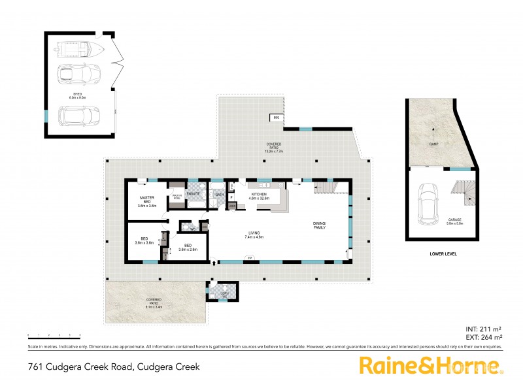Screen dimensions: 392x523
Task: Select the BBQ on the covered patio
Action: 276,118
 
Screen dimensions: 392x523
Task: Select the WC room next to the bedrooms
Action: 194,229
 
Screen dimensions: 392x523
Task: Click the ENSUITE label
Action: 193,194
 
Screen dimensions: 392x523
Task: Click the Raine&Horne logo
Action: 431,367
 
